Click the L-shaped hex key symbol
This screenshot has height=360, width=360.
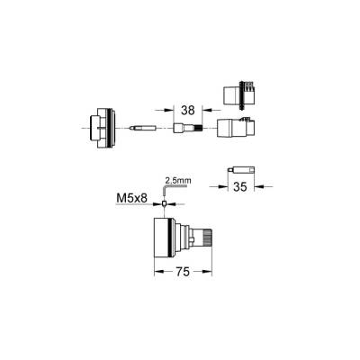166,190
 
